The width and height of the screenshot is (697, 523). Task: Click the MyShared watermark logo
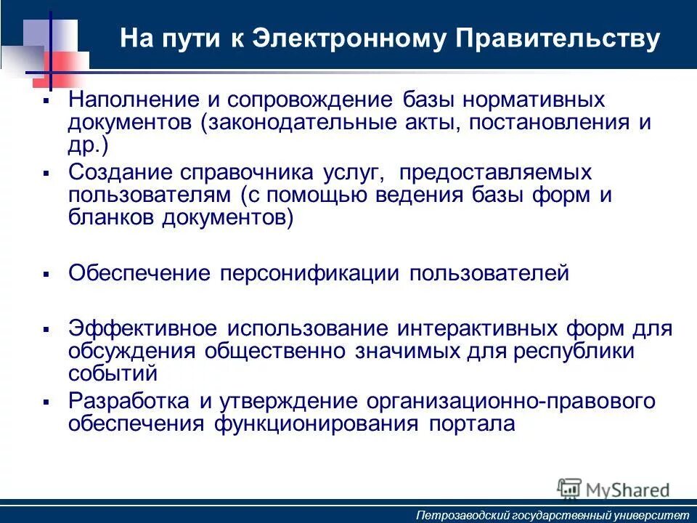[x=614, y=489]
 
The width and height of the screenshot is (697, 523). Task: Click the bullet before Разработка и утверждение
[x=46, y=402]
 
